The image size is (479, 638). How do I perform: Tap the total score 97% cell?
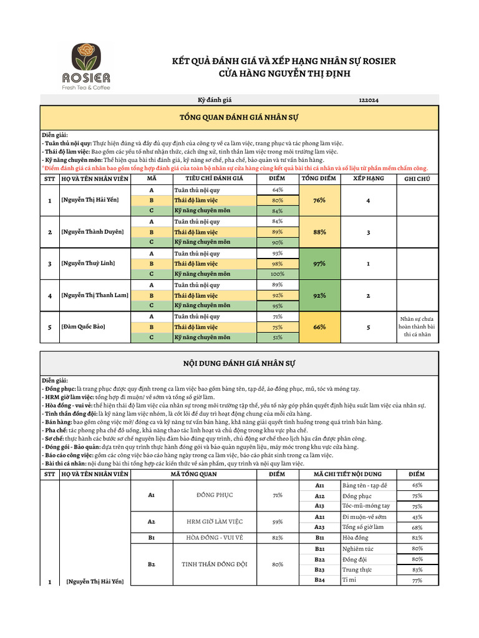319,264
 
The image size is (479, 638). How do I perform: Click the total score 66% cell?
319,327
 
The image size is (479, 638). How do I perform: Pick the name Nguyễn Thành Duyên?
92,232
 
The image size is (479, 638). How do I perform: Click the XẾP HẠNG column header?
369,179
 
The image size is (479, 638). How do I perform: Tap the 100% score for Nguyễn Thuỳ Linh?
277,274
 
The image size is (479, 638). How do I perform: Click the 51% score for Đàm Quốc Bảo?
277,338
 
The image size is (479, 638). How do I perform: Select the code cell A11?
319,485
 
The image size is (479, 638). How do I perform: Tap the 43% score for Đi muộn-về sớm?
417,517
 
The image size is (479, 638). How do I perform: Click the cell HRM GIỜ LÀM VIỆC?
215,521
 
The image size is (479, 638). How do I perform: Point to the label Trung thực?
357,569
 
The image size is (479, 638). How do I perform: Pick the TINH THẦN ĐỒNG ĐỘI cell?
215,564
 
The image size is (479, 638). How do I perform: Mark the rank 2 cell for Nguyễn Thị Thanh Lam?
369,295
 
